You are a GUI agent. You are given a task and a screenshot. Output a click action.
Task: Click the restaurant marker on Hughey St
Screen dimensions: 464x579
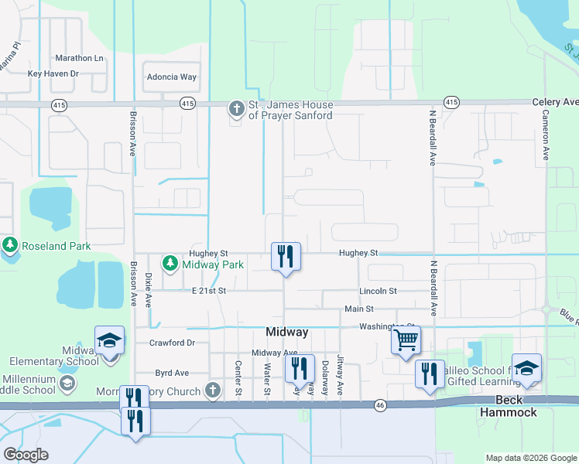pos(286,256)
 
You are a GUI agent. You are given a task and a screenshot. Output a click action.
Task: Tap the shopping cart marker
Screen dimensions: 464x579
pos(406,340)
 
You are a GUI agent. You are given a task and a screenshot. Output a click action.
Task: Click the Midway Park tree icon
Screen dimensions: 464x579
pos(170,264)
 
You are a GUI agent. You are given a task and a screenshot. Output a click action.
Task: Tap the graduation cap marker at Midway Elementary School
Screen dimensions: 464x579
pos(109,341)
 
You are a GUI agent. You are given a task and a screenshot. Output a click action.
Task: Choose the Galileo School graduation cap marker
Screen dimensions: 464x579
pos(526,369)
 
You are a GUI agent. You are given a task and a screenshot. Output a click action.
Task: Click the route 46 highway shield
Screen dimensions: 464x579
pos(379,404)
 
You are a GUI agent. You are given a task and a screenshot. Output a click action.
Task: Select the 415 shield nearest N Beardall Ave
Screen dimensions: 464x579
pos(451,102)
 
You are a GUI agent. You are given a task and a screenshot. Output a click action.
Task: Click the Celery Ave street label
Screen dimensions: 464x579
pos(555,102)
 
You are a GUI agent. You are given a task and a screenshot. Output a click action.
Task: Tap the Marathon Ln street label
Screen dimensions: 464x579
pos(79,58)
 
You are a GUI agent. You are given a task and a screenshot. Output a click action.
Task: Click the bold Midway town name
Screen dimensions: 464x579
pos(286,332)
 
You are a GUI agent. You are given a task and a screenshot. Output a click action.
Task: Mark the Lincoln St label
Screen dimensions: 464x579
pos(378,291)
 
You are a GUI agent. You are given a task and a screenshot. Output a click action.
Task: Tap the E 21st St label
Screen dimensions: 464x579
pos(208,291)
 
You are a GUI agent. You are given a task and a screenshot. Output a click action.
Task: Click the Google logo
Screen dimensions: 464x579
pos(26,455)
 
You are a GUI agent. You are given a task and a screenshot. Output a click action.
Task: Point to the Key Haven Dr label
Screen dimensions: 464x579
pos(53,73)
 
